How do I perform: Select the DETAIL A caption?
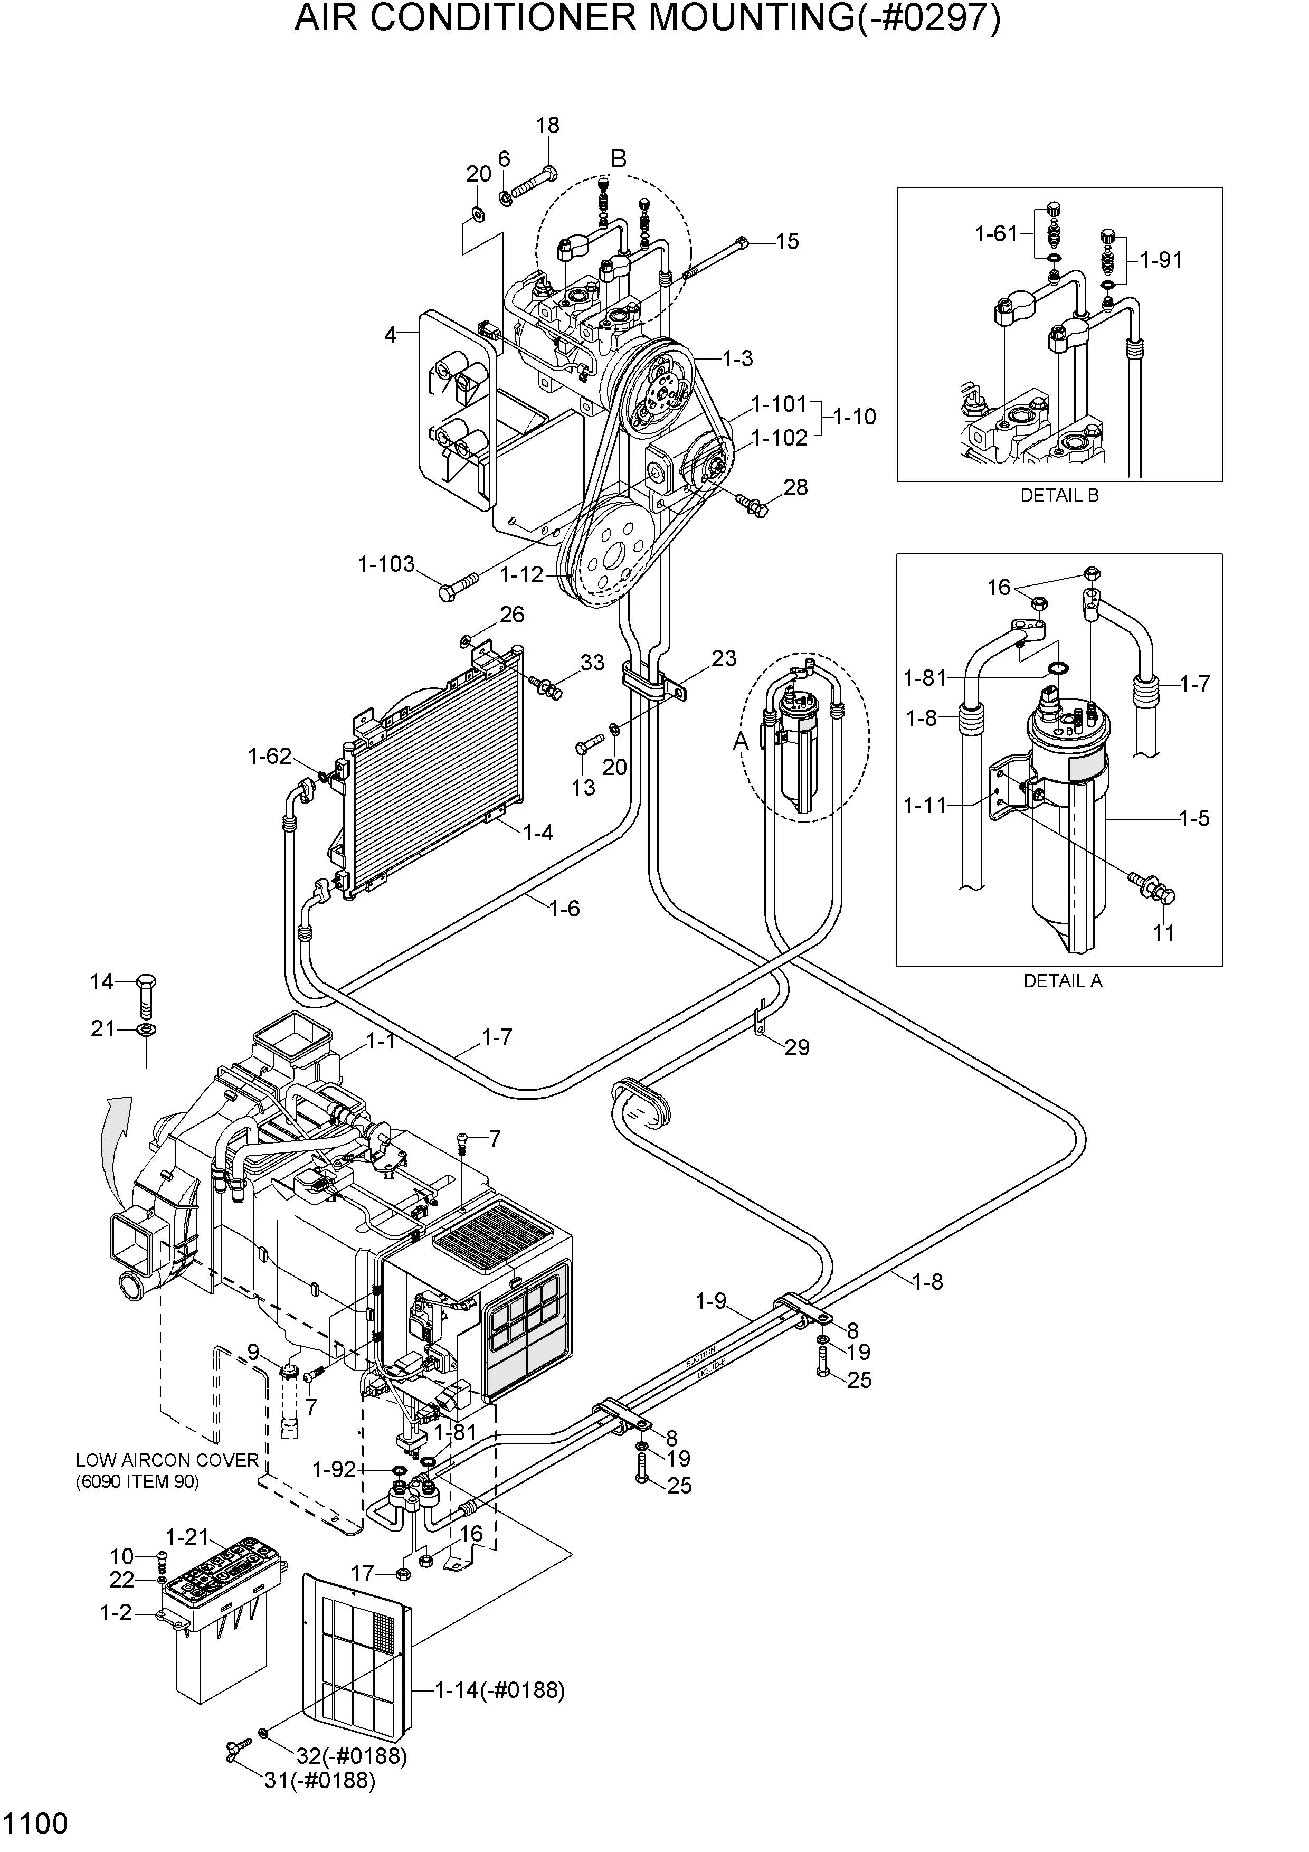pyautogui.click(x=1062, y=981)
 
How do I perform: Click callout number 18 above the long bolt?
pyautogui.click(x=548, y=125)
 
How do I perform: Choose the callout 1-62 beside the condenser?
pyautogui.click(x=269, y=756)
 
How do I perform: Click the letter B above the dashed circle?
pyautogui.click(x=619, y=159)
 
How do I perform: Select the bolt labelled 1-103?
pyautogui.click(x=458, y=585)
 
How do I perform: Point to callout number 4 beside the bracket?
pyautogui.click(x=391, y=335)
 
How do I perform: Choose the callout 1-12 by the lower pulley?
pyautogui.click(x=522, y=574)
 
